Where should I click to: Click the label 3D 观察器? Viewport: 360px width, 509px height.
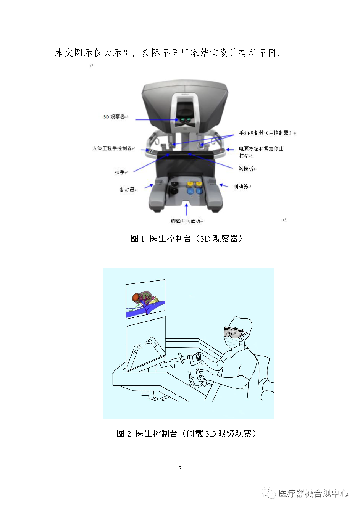coord(114,117)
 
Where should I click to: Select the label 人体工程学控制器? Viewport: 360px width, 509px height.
coord(112,148)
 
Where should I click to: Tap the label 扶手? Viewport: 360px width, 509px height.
coord(119,172)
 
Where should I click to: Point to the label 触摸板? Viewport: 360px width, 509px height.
coord(246,169)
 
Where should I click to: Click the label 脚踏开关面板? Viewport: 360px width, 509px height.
coord(186,221)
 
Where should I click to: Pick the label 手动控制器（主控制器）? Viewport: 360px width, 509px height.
coord(265,133)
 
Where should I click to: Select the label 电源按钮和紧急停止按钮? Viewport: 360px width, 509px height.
coord(261,152)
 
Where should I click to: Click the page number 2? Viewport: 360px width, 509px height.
coord(180,468)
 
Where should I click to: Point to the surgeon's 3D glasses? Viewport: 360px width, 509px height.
coord(234,332)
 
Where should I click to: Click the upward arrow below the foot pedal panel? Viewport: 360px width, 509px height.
coord(186,209)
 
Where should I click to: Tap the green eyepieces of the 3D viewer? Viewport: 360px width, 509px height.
coord(186,120)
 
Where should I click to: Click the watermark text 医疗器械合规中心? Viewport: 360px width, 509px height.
coord(313,493)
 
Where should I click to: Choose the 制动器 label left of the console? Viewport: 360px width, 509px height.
coord(127,190)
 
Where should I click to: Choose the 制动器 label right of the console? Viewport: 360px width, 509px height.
coord(241,187)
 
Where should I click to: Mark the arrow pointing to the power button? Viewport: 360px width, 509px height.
coord(230,150)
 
